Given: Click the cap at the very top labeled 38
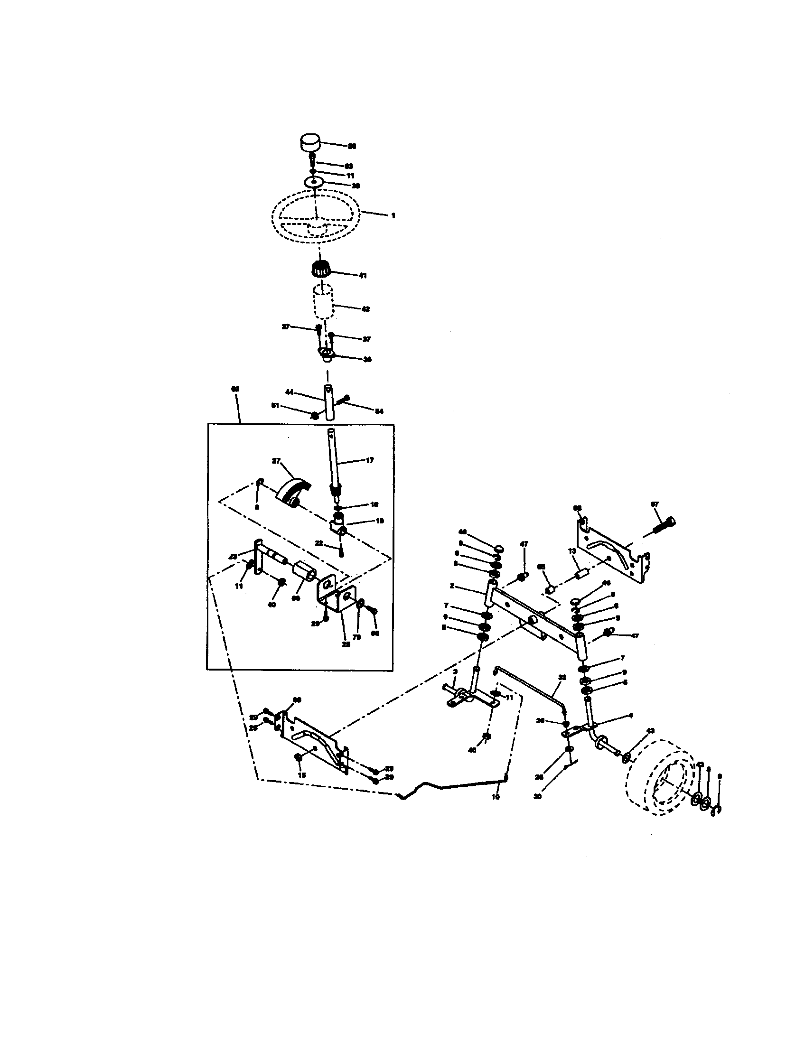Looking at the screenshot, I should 310,142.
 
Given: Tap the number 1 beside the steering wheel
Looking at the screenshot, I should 393,215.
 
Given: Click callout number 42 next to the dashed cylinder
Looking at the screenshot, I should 365,309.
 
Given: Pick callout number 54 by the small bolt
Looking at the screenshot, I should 379,411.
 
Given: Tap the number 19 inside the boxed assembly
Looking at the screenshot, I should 380,521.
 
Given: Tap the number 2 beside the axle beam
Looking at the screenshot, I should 452,586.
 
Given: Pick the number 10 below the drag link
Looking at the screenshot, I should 495,797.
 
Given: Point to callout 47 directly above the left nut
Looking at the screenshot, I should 524,543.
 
